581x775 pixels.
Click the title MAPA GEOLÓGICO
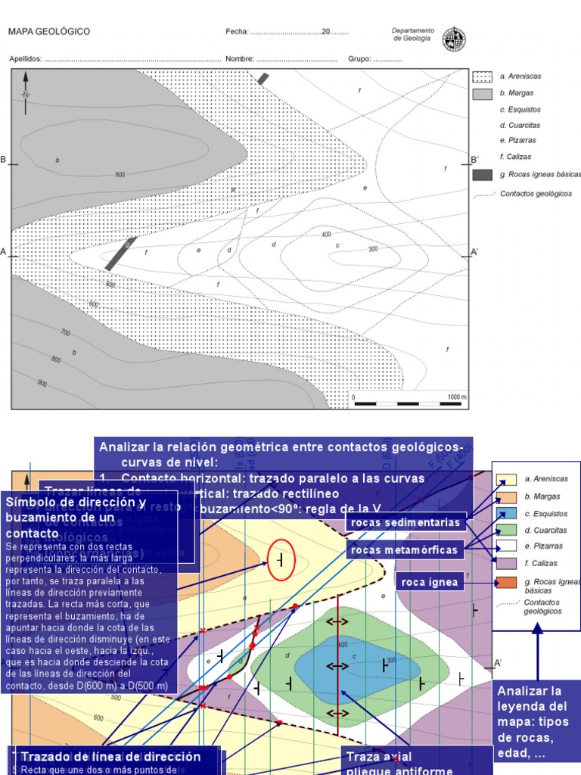(x=49, y=32)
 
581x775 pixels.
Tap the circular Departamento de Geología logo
(x=454, y=38)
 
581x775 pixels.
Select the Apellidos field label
(x=26, y=59)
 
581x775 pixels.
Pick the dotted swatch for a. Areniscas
(x=482, y=76)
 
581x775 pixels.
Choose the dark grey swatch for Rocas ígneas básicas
(x=482, y=175)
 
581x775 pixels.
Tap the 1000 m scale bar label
(x=456, y=397)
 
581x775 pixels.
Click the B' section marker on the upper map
(x=474, y=160)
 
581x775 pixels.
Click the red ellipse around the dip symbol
(x=281, y=560)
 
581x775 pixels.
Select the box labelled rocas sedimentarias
(x=405, y=523)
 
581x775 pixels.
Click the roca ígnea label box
(x=429, y=581)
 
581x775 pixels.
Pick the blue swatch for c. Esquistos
(x=506, y=512)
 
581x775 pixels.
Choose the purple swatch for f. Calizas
(x=506, y=562)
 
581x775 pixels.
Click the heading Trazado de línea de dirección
(x=110, y=757)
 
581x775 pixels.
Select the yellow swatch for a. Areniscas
(x=506, y=479)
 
